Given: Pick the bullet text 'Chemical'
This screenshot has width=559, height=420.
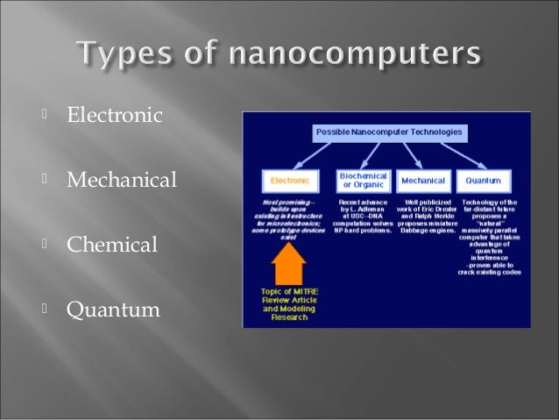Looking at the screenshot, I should point(112,245).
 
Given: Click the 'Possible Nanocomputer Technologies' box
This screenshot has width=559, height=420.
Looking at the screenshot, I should point(389,132).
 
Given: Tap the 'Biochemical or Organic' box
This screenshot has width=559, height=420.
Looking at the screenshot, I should point(364,181).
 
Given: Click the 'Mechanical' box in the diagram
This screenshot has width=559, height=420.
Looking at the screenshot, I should point(423,182).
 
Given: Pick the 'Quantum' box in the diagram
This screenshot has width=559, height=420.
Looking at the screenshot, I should point(484,182).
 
